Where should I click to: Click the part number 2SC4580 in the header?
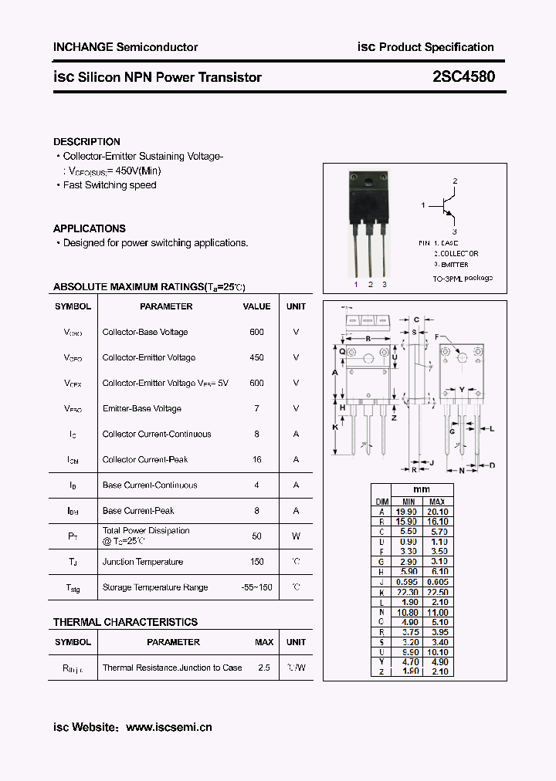(x=464, y=77)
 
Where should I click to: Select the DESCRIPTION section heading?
(x=86, y=142)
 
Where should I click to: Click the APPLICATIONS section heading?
(x=89, y=228)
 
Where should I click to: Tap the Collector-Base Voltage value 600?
(x=256, y=332)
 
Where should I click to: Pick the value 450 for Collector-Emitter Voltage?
(x=256, y=357)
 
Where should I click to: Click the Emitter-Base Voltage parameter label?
(x=141, y=408)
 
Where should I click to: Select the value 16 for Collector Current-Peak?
(x=256, y=459)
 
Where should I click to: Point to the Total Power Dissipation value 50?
(x=256, y=536)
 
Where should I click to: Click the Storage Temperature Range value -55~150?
(x=256, y=587)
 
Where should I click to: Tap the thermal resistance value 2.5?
(x=264, y=668)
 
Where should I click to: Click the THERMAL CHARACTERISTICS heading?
(x=125, y=622)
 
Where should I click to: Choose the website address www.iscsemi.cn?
(x=168, y=727)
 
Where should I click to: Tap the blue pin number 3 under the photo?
(x=385, y=285)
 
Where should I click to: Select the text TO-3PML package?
(x=462, y=278)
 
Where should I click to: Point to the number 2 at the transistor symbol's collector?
(x=455, y=181)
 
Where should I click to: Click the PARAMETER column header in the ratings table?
(x=166, y=306)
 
